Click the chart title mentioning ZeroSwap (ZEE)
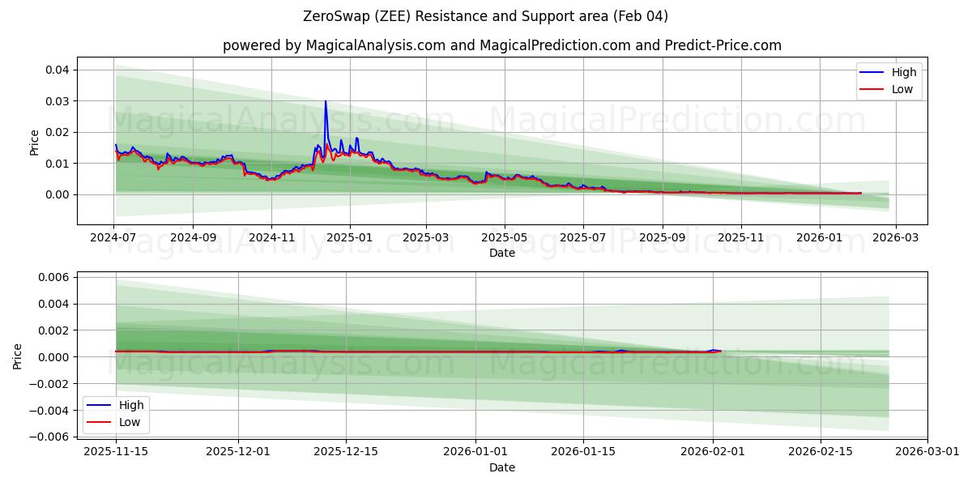coord(486,16)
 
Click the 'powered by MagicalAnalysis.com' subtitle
coord(502,45)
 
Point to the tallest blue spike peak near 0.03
coord(326,101)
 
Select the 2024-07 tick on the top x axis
coord(114,238)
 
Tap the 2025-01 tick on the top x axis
coord(350,238)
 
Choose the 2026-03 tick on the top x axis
coord(896,238)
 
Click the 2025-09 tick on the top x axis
coord(663,238)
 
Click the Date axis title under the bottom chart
coord(502,468)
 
